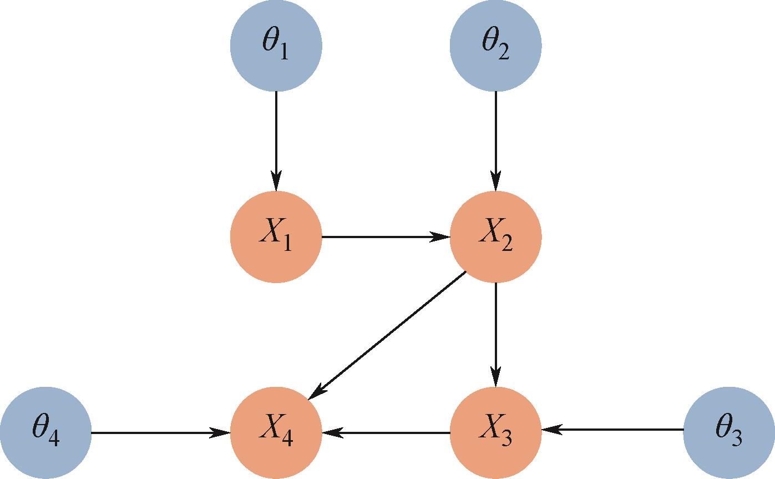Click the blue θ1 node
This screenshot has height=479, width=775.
tap(276, 46)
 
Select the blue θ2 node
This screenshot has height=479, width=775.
tap(495, 46)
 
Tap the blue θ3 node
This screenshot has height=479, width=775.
tap(729, 433)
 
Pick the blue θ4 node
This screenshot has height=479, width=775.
tap(45, 433)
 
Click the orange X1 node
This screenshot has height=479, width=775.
tap(276, 237)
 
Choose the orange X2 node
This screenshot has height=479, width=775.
tap(495, 237)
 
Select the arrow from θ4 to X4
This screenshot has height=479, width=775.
tap(161, 432)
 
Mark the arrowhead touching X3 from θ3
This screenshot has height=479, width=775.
tap(551, 430)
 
